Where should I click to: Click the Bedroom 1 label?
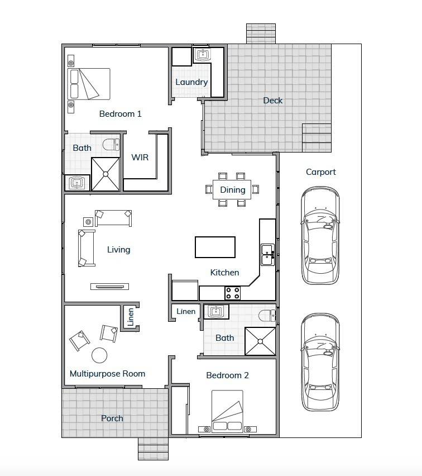120,114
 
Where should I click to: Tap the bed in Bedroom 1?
89,84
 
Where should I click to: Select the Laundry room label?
191,82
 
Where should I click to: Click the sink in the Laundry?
202,55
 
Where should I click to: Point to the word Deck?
273,101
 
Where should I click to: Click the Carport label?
320,172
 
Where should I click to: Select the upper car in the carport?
320,236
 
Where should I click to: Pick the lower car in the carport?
320,362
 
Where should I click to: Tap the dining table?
232,190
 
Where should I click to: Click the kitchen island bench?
215,247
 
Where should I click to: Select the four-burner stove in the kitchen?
232,293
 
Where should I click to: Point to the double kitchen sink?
267,255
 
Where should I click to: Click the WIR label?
140,158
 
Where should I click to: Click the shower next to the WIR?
106,173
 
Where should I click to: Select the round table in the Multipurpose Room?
99,355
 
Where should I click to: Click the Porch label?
112,418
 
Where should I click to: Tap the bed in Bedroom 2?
227,411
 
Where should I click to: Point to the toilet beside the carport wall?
268,316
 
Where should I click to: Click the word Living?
118,250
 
